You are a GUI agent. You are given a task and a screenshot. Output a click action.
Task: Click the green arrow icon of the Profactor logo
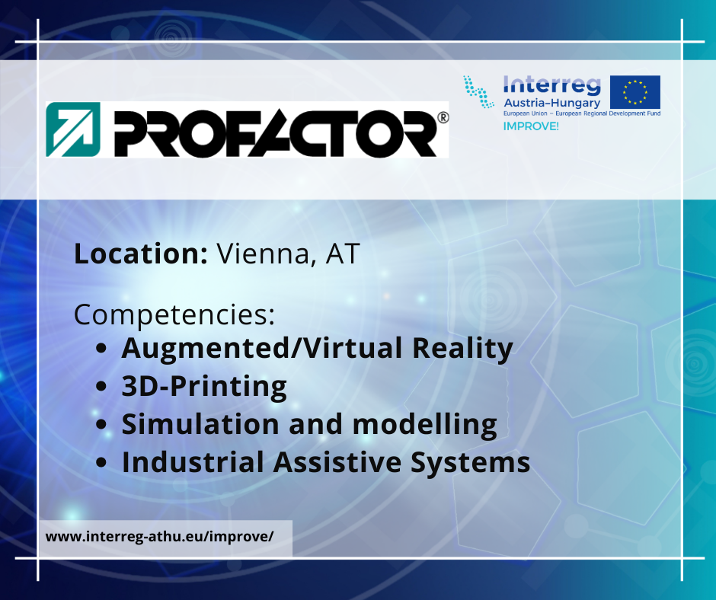pyautogui.click(x=73, y=129)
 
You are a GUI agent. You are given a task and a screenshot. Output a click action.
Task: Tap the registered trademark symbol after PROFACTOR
pyautogui.click(x=443, y=117)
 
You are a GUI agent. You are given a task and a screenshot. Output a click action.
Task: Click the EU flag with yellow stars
pyautogui.click(x=635, y=92)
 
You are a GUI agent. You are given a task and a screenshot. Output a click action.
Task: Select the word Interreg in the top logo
pyautogui.click(x=551, y=86)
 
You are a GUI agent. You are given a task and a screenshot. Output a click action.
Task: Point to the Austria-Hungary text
pyautogui.click(x=551, y=104)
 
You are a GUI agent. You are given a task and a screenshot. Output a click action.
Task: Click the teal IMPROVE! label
pyautogui.click(x=531, y=126)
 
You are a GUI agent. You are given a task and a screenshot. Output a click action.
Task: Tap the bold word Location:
pyautogui.click(x=141, y=254)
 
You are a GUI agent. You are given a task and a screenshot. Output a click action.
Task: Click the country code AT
pyautogui.click(x=343, y=254)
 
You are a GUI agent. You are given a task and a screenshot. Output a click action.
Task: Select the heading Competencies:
pyautogui.click(x=174, y=315)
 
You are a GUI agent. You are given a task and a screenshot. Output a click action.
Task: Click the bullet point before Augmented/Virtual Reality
pyautogui.click(x=101, y=349)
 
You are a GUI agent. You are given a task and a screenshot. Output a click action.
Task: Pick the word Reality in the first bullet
pyautogui.click(x=462, y=349)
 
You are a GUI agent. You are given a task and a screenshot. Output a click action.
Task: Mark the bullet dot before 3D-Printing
pyautogui.click(x=101, y=386)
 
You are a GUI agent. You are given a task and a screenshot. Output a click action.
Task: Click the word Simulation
pyautogui.click(x=200, y=424)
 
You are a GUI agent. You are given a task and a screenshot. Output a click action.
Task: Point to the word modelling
pyautogui.click(x=425, y=425)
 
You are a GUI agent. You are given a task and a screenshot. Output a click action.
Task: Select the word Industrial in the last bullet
pyautogui.click(x=193, y=462)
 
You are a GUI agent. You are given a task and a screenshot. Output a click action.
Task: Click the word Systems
pyautogui.click(x=470, y=463)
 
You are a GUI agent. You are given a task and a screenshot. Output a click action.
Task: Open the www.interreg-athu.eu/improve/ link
pyautogui.click(x=159, y=537)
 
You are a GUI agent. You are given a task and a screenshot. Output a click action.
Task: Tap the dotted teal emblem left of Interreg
pyautogui.click(x=478, y=92)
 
